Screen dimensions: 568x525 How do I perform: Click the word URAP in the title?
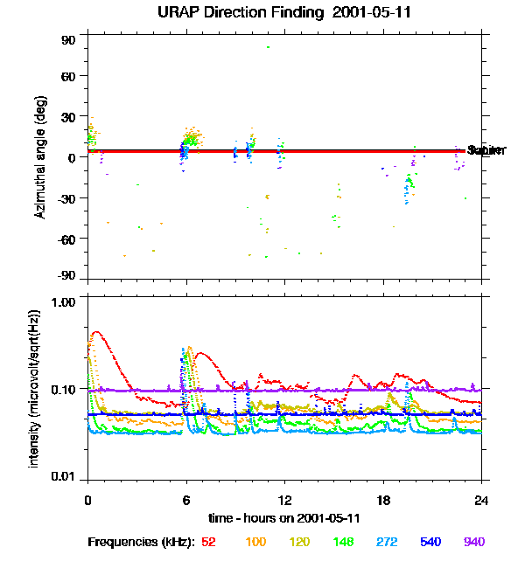pos(184,12)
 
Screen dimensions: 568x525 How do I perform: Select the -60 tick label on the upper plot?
pos(66,239)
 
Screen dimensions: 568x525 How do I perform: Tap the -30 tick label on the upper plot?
pos(66,198)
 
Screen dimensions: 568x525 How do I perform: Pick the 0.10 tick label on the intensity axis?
pos(64,388)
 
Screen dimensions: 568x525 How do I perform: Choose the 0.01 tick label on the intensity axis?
pos(64,476)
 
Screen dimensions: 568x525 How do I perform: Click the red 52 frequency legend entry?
pos(208,543)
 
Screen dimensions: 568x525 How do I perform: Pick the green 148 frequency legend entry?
pos(342,543)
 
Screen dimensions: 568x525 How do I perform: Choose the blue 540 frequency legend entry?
pos(430,543)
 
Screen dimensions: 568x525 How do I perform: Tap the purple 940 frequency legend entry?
pos(474,543)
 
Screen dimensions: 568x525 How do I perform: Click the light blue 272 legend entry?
pos(386,543)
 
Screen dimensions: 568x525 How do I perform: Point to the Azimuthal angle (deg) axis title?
pos(39,157)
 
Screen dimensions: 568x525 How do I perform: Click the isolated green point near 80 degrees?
pos(268,47)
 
